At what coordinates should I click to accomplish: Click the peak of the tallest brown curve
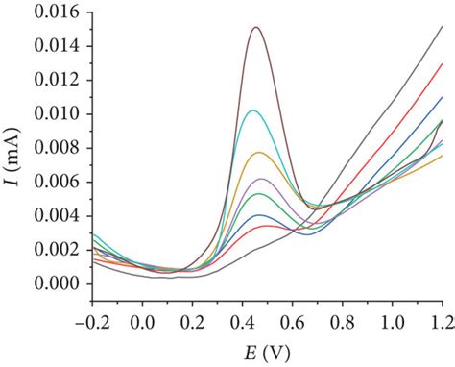(x=255, y=27)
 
